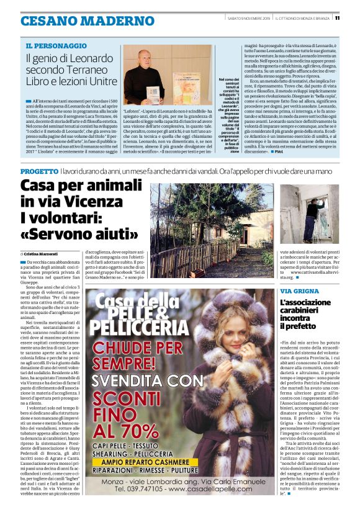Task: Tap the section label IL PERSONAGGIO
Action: point(56,46)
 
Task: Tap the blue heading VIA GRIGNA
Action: point(299,291)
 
